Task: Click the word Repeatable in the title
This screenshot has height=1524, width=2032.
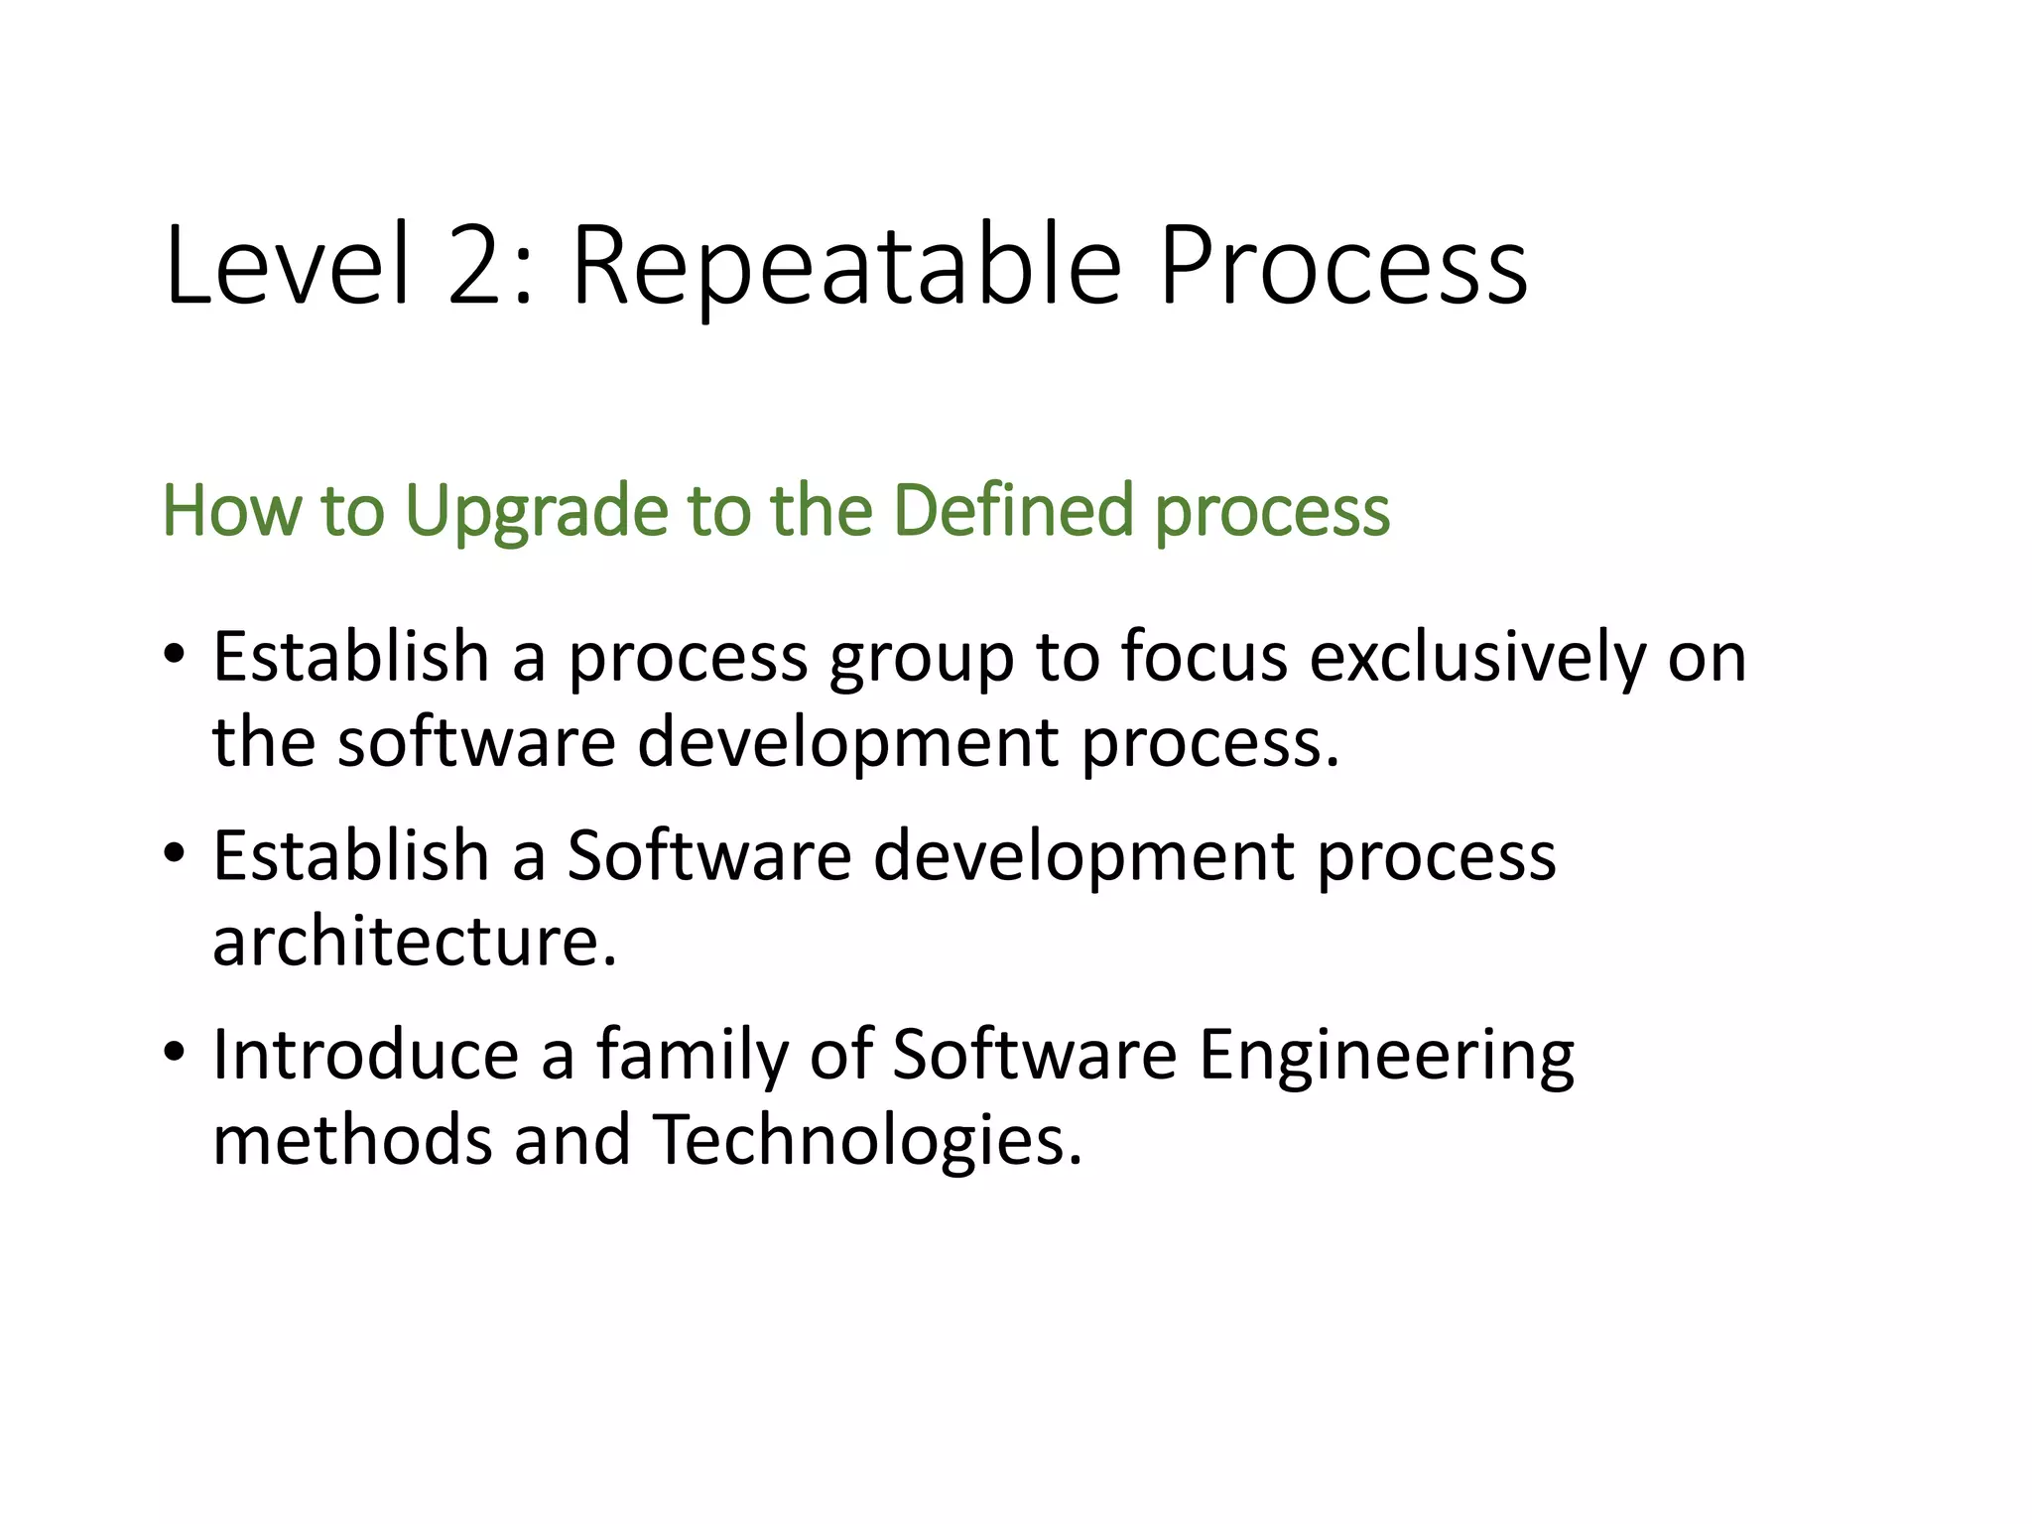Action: coord(846,266)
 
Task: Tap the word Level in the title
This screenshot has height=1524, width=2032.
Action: coord(288,266)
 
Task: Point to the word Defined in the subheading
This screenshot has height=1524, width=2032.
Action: coord(1011,510)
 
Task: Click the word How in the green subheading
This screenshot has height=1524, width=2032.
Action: coord(231,510)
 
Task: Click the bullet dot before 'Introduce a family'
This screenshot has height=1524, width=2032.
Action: coord(175,1052)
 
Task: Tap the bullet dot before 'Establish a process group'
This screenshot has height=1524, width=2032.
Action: coord(175,655)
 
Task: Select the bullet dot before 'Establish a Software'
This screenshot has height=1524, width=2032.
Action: coord(175,853)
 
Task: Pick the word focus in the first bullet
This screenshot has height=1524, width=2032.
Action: coord(1204,657)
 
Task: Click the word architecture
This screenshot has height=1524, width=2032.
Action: coord(414,941)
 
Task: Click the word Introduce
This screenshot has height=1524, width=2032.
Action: coord(365,1054)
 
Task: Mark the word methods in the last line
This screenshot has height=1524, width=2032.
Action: coord(352,1139)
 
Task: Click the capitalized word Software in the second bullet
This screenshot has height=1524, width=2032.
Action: coord(708,855)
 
